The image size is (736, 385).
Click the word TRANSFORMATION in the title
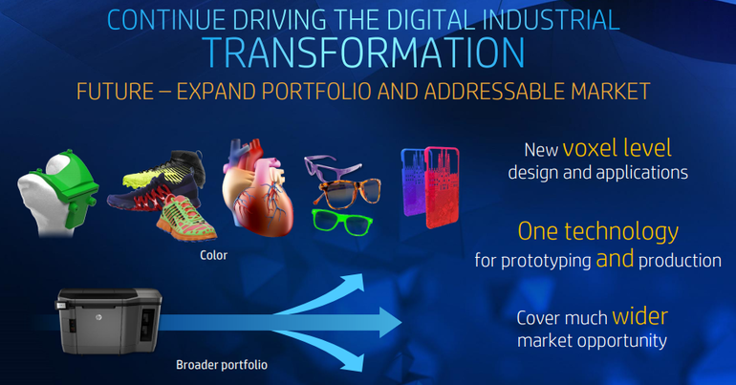click(x=365, y=53)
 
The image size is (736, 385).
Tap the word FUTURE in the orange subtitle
click(x=115, y=92)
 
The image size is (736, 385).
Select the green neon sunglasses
click(x=342, y=222)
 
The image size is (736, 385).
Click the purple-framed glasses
click(x=332, y=166)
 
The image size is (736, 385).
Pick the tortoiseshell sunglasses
click(x=350, y=193)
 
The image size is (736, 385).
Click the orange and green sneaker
click(x=185, y=219)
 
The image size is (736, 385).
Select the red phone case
click(x=442, y=187)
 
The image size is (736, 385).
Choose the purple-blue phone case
click(x=413, y=182)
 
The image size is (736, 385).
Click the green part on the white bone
click(x=71, y=187)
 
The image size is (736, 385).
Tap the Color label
click(x=213, y=255)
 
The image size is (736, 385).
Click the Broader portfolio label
click(x=222, y=365)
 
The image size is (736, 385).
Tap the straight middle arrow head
click(x=390, y=323)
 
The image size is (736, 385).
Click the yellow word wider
click(x=639, y=316)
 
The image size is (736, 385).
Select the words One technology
click(x=598, y=231)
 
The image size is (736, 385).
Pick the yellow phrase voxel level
click(x=617, y=148)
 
